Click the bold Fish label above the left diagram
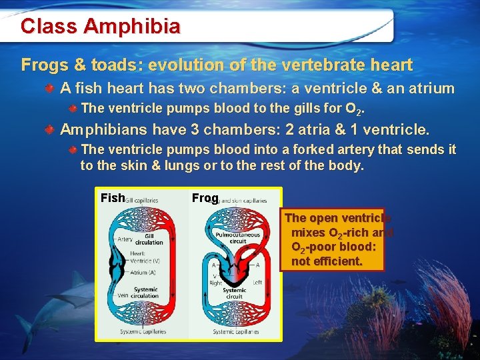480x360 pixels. pos(112,198)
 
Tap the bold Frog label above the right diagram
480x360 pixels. pos(205,198)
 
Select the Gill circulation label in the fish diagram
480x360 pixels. pos(149,239)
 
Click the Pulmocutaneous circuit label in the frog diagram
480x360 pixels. pos(237,237)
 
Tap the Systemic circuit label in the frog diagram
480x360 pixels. pos(234,293)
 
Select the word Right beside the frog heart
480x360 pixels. pos(214,283)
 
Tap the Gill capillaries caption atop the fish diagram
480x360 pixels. pos(141,200)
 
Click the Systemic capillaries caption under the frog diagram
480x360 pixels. pos(236,331)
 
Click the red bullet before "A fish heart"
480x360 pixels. pos(51,89)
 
